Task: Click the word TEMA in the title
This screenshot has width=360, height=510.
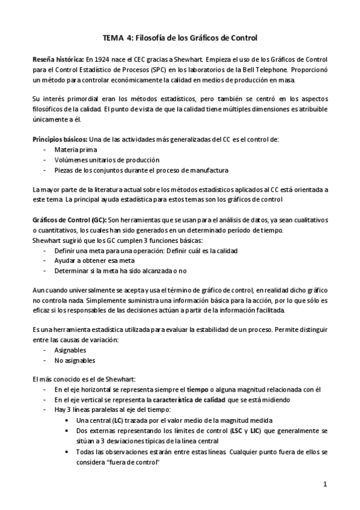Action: pyautogui.click(x=114, y=38)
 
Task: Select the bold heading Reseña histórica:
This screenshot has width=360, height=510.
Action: pyautogui.click(x=58, y=60)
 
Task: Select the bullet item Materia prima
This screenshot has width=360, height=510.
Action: pyautogui.click(x=75, y=149)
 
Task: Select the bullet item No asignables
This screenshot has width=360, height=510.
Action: pyautogui.click(x=75, y=360)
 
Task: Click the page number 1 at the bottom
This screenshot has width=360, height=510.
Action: pyautogui.click(x=325, y=484)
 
